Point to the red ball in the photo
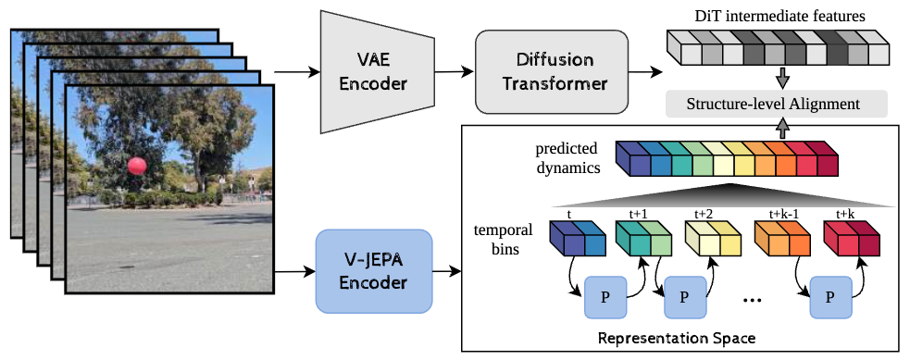[x=137, y=166]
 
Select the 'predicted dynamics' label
[x=567, y=157]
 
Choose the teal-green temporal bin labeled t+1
[x=641, y=238]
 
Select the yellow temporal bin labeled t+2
[x=709, y=238]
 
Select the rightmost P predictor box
[x=830, y=297]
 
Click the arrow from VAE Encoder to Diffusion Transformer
[x=451, y=72]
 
